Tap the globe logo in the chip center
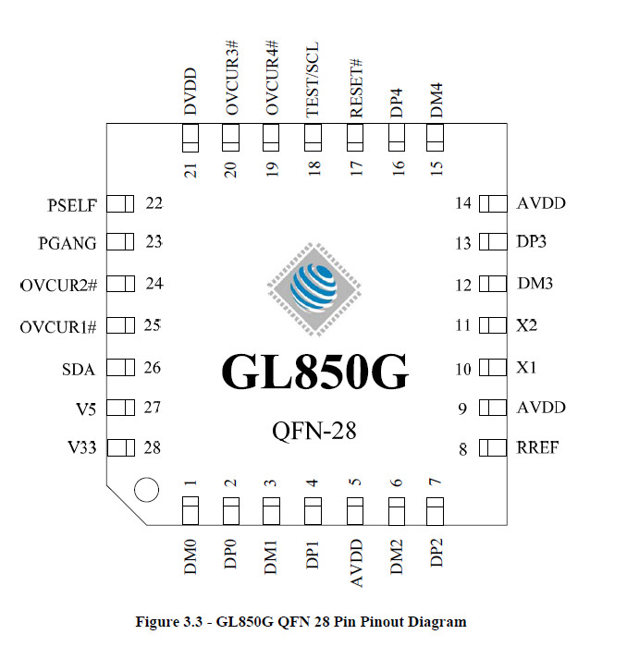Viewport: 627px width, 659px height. coord(314,289)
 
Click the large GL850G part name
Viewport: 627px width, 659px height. coord(314,372)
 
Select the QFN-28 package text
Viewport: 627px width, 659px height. coord(314,431)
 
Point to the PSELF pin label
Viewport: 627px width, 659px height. coord(72,205)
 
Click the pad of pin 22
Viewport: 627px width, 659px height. coord(120,204)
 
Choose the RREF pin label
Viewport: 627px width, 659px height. coord(537,447)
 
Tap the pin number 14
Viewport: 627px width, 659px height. coord(463,203)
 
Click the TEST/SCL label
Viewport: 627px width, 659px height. coord(313,79)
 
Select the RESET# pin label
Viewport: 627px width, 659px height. coord(356,88)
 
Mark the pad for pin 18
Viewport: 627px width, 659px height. coord(313,138)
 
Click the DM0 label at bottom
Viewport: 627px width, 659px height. coord(191,557)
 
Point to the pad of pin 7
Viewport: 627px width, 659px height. coord(435,511)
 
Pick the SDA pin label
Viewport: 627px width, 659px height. coord(79,370)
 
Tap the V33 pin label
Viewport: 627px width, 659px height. coord(82,447)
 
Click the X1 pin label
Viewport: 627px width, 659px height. coord(526,368)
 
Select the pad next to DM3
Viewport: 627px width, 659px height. coord(493,284)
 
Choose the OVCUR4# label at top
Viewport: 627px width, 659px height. coord(272,78)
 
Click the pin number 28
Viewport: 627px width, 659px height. coord(152,448)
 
